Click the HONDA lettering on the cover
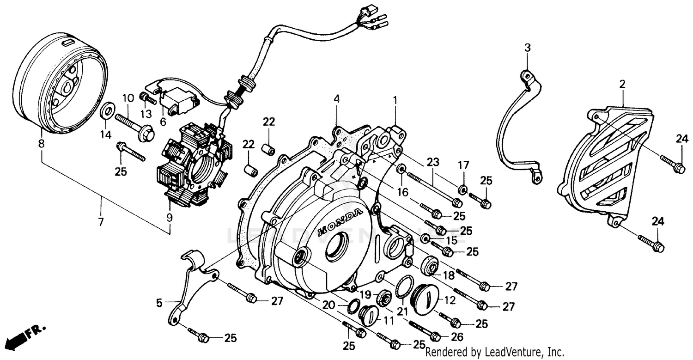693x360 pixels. (x=340, y=221)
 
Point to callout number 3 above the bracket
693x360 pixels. (x=527, y=47)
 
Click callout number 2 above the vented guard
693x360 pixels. (x=622, y=84)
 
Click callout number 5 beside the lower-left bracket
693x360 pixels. (x=159, y=303)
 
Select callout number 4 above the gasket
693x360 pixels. (x=337, y=98)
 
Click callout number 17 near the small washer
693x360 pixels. (x=463, y=165)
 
